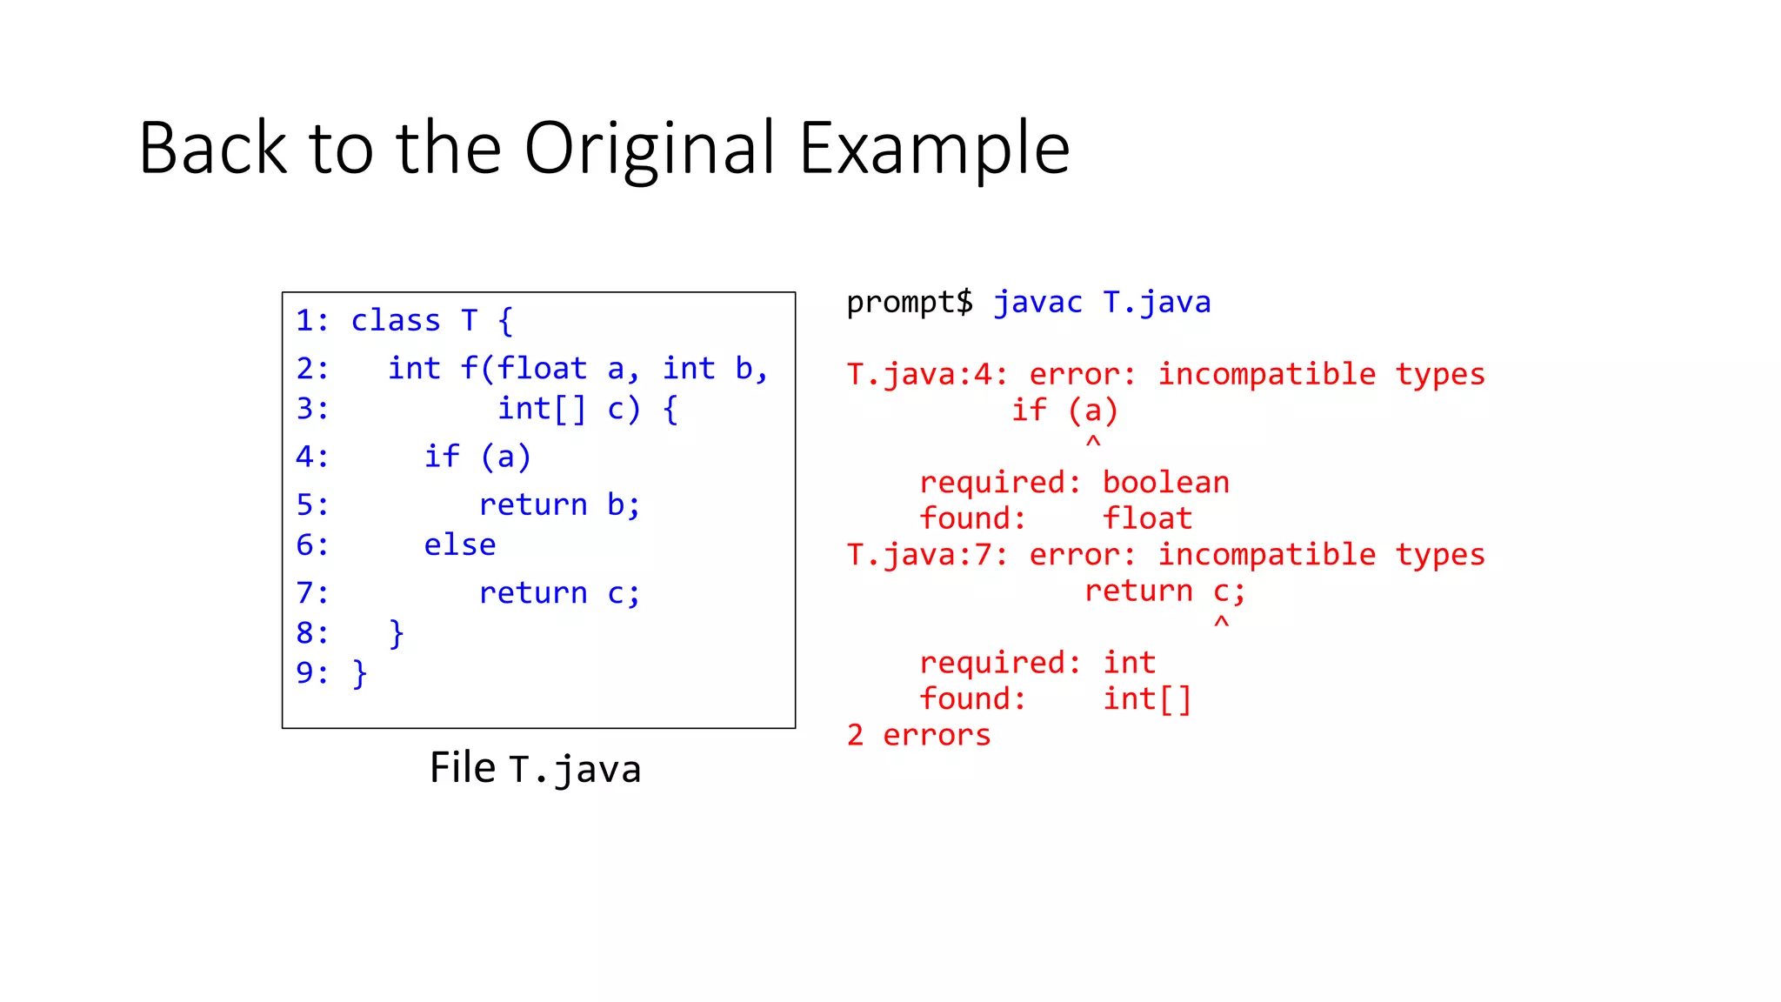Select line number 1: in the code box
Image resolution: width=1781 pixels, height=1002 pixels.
click(x=312, y=321)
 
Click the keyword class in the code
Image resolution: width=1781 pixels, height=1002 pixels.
click(x=396, y=321)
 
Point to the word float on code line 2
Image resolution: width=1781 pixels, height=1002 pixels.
click(x=543, y=369)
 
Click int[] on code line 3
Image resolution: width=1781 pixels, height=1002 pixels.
click(x=542, y=409)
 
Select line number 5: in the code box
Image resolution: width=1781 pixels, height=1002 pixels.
click(x=312, y=505)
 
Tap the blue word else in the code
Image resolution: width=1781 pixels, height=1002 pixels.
click(x=459, y=545)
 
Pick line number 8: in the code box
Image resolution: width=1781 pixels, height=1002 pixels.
click(x=312, y=633)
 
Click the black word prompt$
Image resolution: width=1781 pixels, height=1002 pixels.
click(x=910, y=303)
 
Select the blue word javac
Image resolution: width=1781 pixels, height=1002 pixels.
click(x=1038, y=303)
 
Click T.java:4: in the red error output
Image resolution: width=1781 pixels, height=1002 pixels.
click(x=927, y=375)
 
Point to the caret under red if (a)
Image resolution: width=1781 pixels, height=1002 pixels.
click(x=1093, y=443)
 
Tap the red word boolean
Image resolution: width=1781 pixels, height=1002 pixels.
click(x=1166, y=483)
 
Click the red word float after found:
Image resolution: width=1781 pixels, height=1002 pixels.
click(x=1147, y=519)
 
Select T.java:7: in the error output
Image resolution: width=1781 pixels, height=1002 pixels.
click(x=927, y=555)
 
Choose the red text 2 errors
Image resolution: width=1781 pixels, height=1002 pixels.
click(x=918, y=736)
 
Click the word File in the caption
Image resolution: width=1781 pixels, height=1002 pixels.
click(x=462, y=769)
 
